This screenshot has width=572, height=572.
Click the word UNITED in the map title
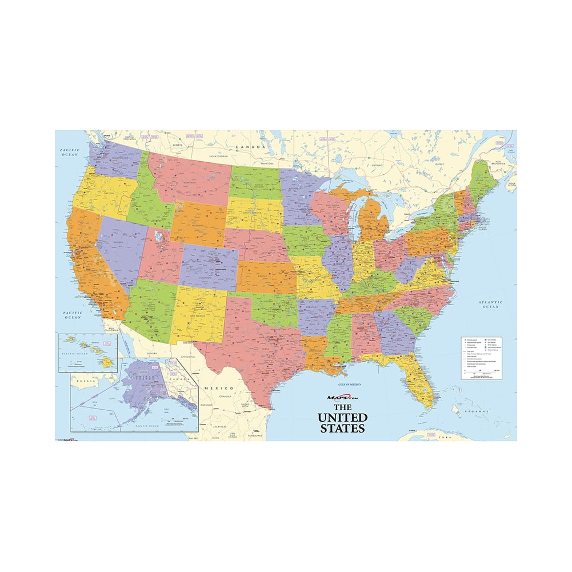coord(350,417)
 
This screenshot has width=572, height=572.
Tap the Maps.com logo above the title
coord(342,398)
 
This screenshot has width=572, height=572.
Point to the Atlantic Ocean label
coord(490,305)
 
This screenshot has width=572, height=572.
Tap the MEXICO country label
coord(219,387)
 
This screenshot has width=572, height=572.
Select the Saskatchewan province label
coord(218,155)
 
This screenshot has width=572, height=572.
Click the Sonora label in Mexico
coord(152,354)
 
